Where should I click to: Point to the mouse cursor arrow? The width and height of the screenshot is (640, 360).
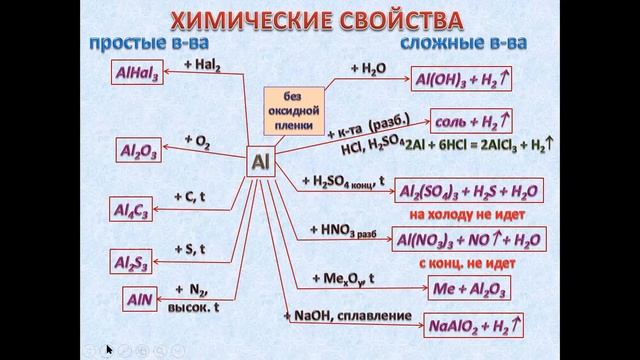click(x=109, y=350)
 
